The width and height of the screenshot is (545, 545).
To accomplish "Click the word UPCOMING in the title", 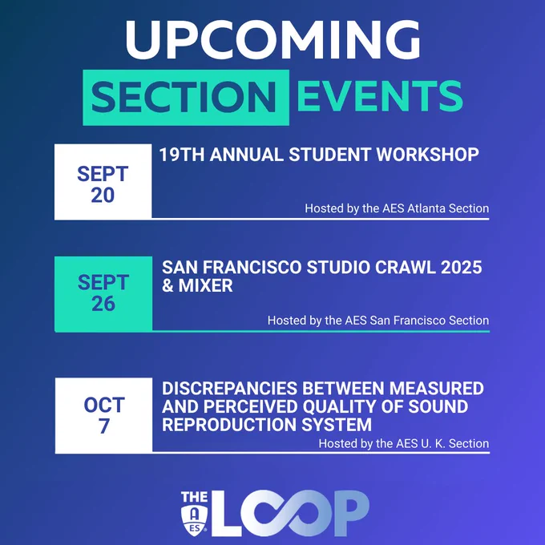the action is pos(272,39).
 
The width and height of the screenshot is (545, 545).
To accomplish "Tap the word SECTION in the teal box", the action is pos(184,97).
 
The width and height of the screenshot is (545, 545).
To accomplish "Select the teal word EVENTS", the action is pos(380,96).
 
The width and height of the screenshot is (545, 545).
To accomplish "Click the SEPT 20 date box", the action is pos(103,182).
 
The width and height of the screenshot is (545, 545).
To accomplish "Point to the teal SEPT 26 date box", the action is pos(103,293).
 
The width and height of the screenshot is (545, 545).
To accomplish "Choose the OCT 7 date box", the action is pos(103,415).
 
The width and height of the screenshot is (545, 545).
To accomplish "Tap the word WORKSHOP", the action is pos(427,155).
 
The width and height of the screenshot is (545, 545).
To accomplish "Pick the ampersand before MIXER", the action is pos(168,285).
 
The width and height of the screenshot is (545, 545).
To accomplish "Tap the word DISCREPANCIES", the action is pos(229,389).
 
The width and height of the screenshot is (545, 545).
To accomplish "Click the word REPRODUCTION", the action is pos(229,425).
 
